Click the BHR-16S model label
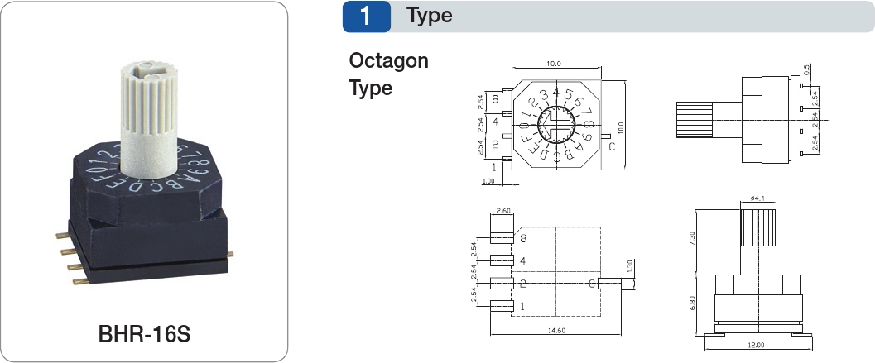click(x=145, y=337)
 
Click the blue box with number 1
click(x=366, y=16)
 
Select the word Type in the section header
click(x=429, y=16)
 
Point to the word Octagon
click(x=388, y=61)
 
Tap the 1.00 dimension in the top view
click(x=488, y=181)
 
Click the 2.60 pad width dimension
click(x=502, y=212)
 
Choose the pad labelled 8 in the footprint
click(x=502, y=239)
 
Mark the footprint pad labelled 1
click(x=502, y=307)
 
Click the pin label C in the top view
click(x=611, y=147)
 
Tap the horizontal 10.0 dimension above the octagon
click(x=553, y=64)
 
